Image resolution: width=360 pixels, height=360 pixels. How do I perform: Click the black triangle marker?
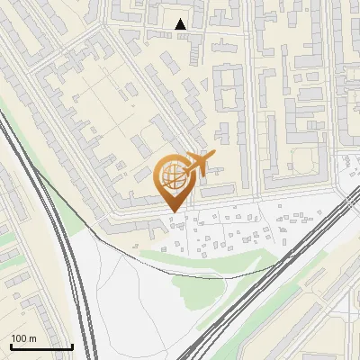[x=181, y=24]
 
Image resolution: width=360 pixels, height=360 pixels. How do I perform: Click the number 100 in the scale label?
[x=19, y=338]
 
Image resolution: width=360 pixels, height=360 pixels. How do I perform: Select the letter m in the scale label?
[x=32, y=338]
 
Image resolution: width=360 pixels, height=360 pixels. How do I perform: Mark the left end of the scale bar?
[x=11, y=346]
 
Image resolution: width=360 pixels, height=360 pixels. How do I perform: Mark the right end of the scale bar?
[x=72, y=346]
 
